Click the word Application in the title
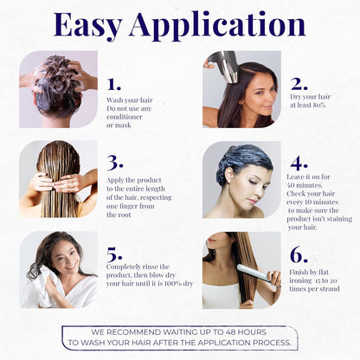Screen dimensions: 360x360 [x=217, y=26]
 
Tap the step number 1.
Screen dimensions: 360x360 [x=114, y=84]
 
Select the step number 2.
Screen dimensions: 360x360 [x=299, y=84]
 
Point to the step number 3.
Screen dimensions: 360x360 [x=115, y=163]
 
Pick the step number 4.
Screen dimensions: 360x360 [x=299, y=164]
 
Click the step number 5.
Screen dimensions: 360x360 [x=114, y=254]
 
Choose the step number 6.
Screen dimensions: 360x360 [x=299, y=254]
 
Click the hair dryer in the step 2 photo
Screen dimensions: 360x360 [x=225, y=64]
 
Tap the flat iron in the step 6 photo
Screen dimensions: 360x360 [x=257, y=273]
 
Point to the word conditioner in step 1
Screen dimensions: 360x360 [x=125, y=117]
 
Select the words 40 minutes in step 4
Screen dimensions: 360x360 [x=305, y=185]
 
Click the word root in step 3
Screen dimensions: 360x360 [x=125, y=215]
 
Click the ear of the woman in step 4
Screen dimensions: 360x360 [x=229, y=175]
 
